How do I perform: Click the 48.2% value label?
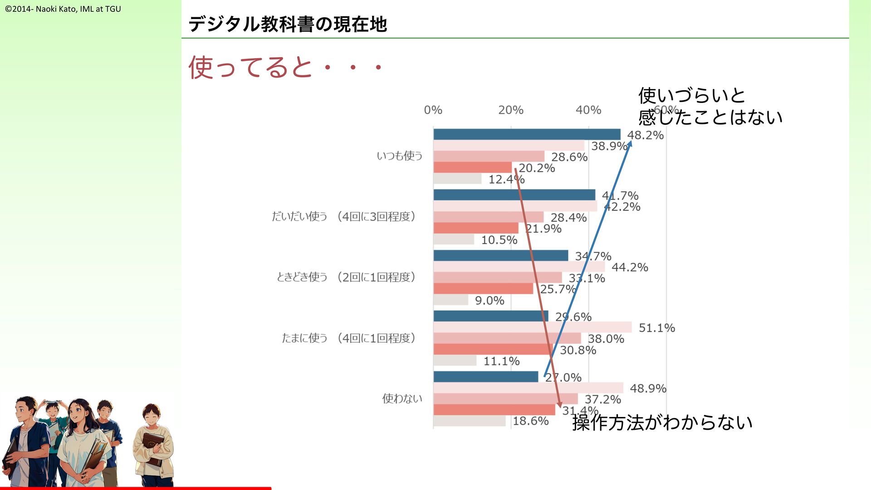(645, 135)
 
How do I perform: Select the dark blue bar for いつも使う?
(527, 134)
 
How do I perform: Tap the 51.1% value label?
(656, 328)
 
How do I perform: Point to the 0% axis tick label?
(433, 110)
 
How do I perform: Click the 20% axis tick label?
(510, 110)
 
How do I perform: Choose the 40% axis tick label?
(588, 110)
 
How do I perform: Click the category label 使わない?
(402, 398)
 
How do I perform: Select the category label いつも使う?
(399, 156)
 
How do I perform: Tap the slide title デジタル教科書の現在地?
(288, 24)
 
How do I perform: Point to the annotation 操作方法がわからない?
(662, 422)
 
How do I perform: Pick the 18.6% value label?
(530, 421)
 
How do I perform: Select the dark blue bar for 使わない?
(485, 377)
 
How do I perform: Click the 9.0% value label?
(489, 300)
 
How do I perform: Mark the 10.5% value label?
(499, 240)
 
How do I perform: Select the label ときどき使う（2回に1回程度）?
(346, 277)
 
